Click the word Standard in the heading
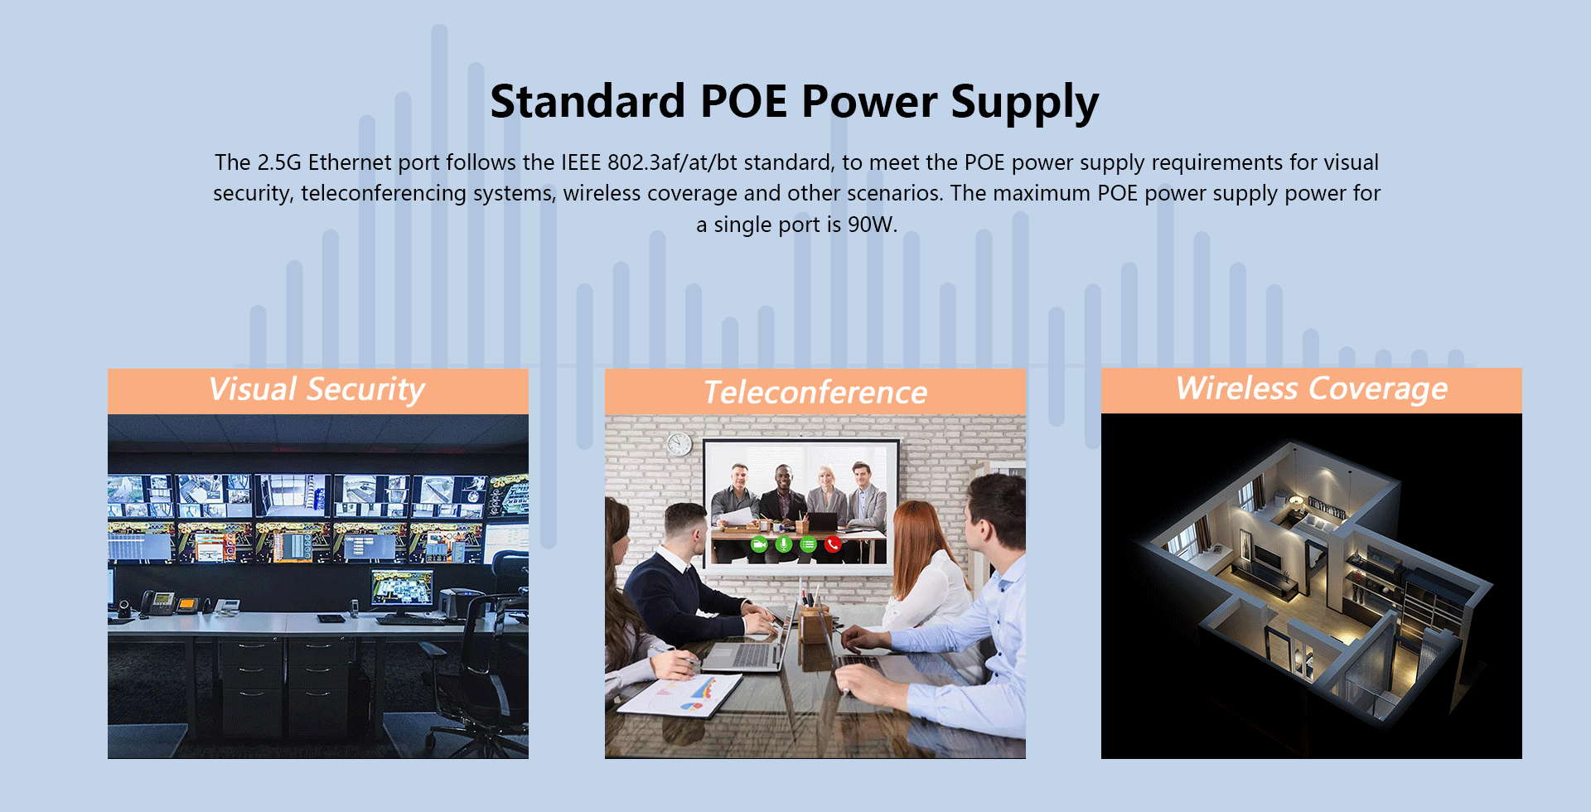(588, 101)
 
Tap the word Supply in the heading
(1024, 104)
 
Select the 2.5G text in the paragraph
(279, 162)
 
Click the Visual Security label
(317, 389)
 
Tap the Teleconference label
(815, 392)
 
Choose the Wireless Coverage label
(1312, 389)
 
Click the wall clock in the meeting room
(679, 444)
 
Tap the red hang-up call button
(833, 544)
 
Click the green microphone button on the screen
(783, 544)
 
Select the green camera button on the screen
(758, 544)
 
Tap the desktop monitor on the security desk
(402, 591)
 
